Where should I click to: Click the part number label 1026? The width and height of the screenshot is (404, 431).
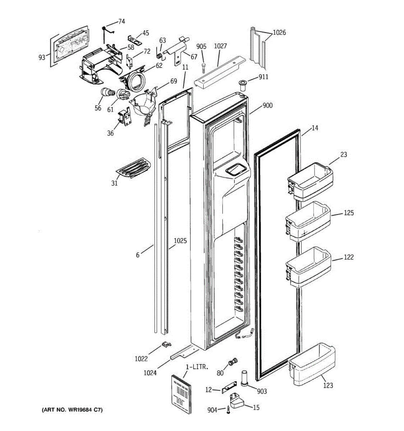(279, 33)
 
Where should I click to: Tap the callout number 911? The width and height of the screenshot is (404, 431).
(263, 77)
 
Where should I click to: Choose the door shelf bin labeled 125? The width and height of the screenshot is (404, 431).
(308, 221)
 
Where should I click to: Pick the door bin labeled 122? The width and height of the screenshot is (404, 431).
(308, 267)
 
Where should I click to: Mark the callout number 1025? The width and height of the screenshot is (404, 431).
(180, 241)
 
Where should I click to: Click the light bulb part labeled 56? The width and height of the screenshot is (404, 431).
(107, 93)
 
